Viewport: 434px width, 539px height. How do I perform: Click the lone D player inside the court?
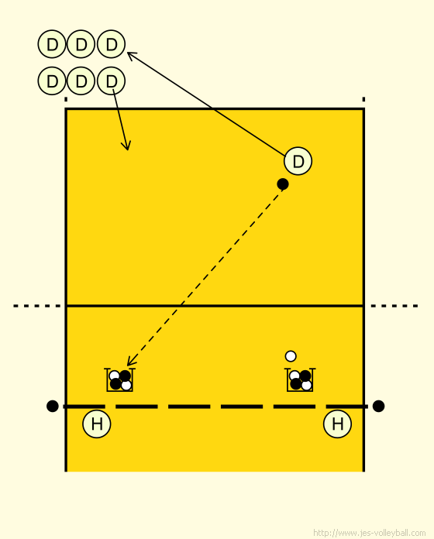click(x=298, y=161)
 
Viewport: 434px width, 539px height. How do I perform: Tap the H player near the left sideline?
click(x=97, y=424)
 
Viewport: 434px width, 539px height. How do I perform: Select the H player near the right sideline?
click(x=337, y=424)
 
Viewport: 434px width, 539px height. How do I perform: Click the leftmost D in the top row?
click(x=52, y=44)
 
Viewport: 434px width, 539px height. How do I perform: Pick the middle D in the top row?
click(x=81, y=44)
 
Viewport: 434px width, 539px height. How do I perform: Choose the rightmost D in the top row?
click(x=111, y=44)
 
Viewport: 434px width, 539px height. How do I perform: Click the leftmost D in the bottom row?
click(x=52, y=81)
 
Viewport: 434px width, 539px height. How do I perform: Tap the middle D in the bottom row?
click(x=81, y=81)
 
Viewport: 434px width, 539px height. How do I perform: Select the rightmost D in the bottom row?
click(x=111, y=81)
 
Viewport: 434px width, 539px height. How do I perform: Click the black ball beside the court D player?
click(x=283, y=184)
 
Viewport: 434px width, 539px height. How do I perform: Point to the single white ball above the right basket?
click(x=291, y=356)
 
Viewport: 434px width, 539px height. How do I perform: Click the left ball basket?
click(x=119, y=379)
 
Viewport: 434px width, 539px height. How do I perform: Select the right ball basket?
click(x=300, y=379)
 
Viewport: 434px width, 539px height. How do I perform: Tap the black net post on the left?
click(x=52, y=406)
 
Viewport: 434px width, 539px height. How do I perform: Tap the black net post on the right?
click(x=378, y=406)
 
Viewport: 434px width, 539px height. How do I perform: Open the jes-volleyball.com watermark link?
click(x=370, y=533)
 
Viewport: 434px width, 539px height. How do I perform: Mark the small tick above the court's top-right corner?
click(x=363, y=99)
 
